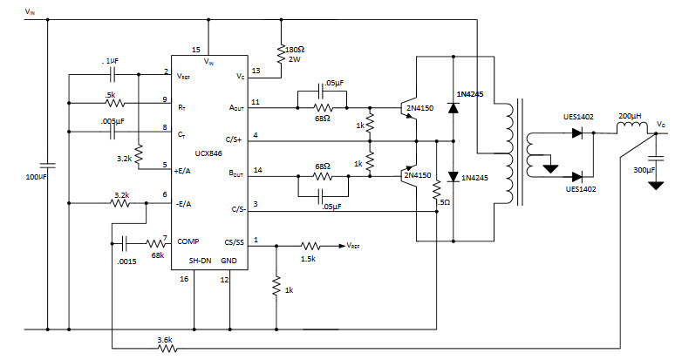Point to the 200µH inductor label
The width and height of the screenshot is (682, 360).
click(631, 116)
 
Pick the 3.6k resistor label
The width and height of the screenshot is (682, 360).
click(165, 340)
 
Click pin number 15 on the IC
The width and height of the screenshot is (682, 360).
click(195, 50)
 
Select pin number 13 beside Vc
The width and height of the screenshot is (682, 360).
click(255, 71)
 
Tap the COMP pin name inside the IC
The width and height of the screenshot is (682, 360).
click(189, 241)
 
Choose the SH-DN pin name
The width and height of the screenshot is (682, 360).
click(201, 262)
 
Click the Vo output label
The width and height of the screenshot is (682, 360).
click(663, 125)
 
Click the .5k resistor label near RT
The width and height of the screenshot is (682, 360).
click(110, 93)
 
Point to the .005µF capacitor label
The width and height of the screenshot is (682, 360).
click(112, 121)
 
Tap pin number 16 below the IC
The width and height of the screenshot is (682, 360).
click(183, 279)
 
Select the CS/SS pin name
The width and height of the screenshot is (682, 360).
click(235, 241)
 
